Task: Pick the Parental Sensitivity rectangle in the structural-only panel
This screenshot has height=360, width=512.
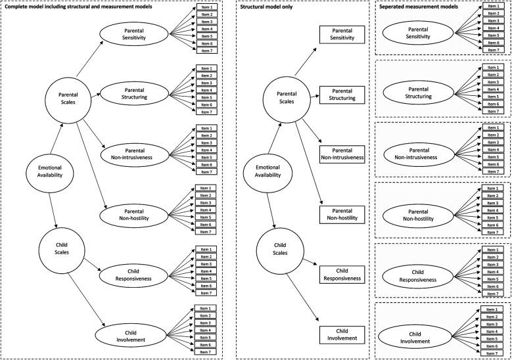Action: pos(342,35)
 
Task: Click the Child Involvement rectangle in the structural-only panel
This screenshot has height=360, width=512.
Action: pos(342,334)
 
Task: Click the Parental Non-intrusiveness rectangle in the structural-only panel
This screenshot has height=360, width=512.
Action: pos(342,154)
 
